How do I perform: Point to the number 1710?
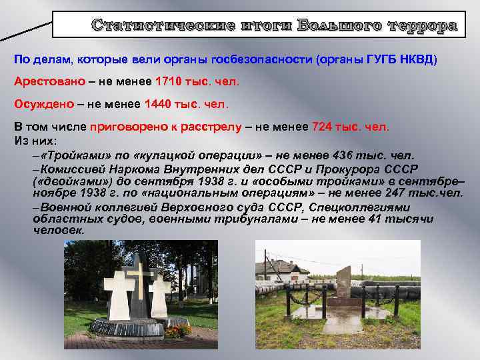point(168,81)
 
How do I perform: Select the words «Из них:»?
point(35,140)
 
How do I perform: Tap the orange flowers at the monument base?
point(179,330)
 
